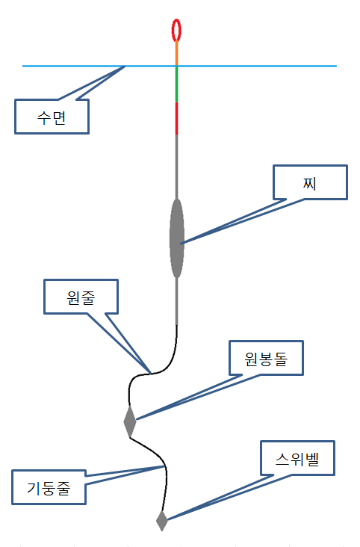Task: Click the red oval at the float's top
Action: pos(172,31)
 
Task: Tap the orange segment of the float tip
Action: pos(176,53)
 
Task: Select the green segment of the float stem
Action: pos(176,84)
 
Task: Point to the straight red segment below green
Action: pos(176,119)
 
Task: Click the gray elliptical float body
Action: pos(176,238)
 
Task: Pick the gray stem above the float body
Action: pos(176,167)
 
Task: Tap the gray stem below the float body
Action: pos(176,301)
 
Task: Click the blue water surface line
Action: pos(180,66)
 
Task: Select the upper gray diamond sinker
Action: pos(130,421)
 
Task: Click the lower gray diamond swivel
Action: pos(162,521)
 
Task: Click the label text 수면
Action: pos(52,117)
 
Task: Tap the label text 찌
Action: pos(310,183)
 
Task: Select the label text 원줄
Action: pos(81,298)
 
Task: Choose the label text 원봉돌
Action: pos(266,359)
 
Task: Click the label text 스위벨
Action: pos(297,459)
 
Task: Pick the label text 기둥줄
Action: pos(49,488)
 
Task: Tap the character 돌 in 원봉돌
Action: pos(281,359)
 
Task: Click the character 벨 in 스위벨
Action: pos(312,459)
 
